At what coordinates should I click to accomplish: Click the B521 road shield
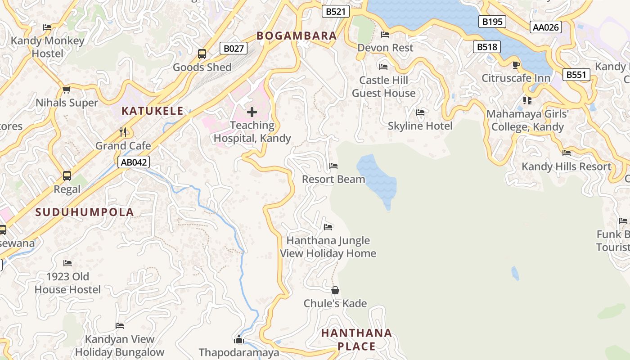(336, 12)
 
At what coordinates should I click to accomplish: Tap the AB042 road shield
(134, 162)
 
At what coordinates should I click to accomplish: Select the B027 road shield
(234, 48)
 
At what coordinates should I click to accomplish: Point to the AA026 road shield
(545, 27)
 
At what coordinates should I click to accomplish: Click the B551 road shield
(576, 74)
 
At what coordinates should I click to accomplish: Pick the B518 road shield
(486, 47)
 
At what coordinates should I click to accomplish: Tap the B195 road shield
(492, 22)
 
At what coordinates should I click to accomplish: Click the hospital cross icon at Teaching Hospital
(252, 112)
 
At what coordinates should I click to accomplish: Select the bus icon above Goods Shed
(202, 54)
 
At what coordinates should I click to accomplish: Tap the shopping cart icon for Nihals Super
(67, 90)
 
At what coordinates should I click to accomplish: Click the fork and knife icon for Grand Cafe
(123, 132)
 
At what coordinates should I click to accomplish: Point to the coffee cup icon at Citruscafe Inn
(516, 65)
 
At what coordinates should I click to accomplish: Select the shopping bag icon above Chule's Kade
(335, 290)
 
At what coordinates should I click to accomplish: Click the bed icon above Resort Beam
(333, 166)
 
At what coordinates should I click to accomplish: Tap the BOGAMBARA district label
(297, 36)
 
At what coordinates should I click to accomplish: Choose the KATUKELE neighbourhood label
(152, 111)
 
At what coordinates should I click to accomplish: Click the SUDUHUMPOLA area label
(85, 212)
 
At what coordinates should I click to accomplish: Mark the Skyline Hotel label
(420, 126)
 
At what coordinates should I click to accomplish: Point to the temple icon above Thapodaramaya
(239, 339)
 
